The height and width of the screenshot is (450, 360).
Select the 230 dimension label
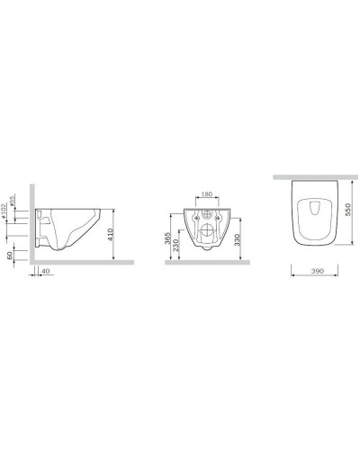tap(178, 243)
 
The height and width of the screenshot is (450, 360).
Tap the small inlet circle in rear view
tap(206, 216)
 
